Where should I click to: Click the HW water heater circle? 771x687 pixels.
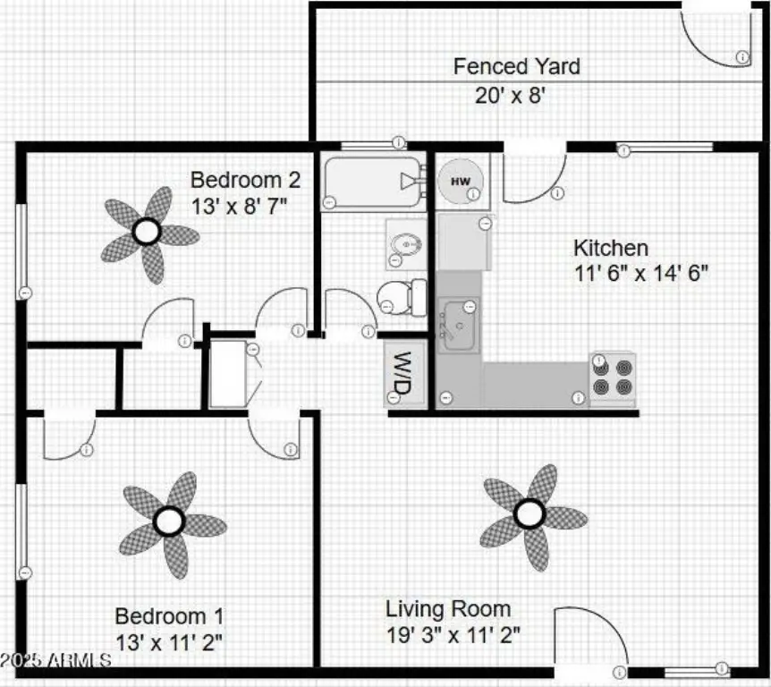coord(461,181)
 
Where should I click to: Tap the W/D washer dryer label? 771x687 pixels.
coord(402,374)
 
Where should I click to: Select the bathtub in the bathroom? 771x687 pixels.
coord(373,182)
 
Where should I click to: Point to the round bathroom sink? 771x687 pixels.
coord(406,244)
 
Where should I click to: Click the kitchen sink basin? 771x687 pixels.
coord(458,325)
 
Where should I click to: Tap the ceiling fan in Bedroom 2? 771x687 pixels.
coord(148,233)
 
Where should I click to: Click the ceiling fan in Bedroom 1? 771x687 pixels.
coord(171,522)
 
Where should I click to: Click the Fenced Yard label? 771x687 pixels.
coord(516,66)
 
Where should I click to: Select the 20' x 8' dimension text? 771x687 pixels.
coord(510,95)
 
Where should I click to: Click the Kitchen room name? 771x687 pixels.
coord(611,248)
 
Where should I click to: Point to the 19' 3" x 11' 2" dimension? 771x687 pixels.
coord(453,634)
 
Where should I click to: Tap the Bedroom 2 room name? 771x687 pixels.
coord(245,180)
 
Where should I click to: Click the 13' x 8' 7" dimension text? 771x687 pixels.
coord(239,207)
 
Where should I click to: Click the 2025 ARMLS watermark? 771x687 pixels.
coord(55,660)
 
